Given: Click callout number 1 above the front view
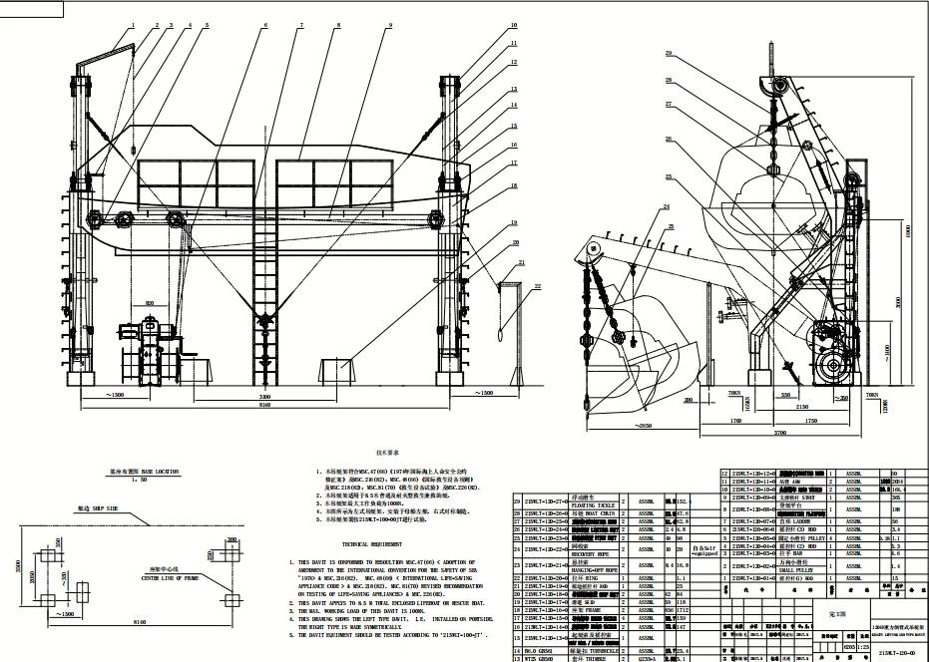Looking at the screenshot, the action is click(132, 23).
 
